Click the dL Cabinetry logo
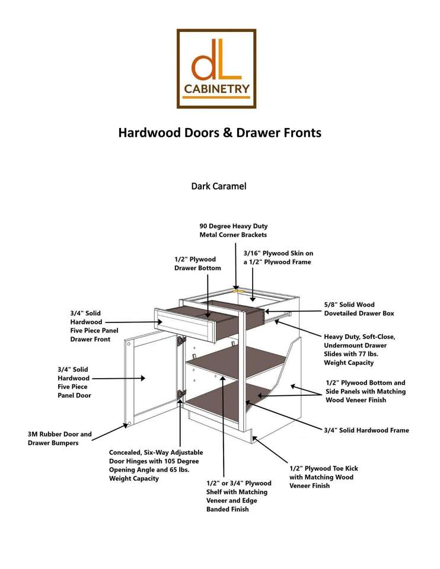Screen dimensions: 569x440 point(216,69)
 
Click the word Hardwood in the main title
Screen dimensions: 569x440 point(146,132)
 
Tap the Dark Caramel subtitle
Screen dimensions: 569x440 point(218,186)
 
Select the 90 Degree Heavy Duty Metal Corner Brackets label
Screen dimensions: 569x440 point(233,231)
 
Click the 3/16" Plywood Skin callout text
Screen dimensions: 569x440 point(278,257)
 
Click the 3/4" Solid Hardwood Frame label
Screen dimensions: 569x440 point(366,430)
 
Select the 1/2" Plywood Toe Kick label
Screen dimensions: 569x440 point(323,477)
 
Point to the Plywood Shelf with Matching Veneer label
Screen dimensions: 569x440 point(238,496)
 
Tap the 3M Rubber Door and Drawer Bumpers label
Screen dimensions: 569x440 point(60,438)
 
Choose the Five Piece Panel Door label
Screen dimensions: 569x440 point(74,382)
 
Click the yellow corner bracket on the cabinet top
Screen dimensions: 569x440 point(239,291)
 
